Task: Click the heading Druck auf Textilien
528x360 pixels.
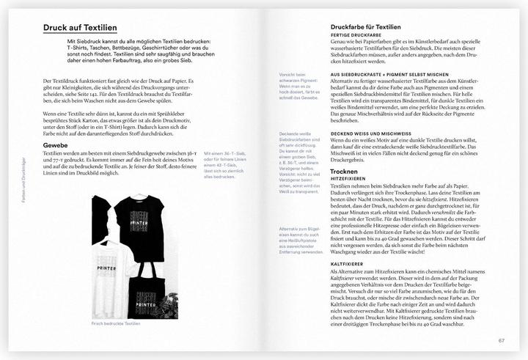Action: [80, 28]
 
